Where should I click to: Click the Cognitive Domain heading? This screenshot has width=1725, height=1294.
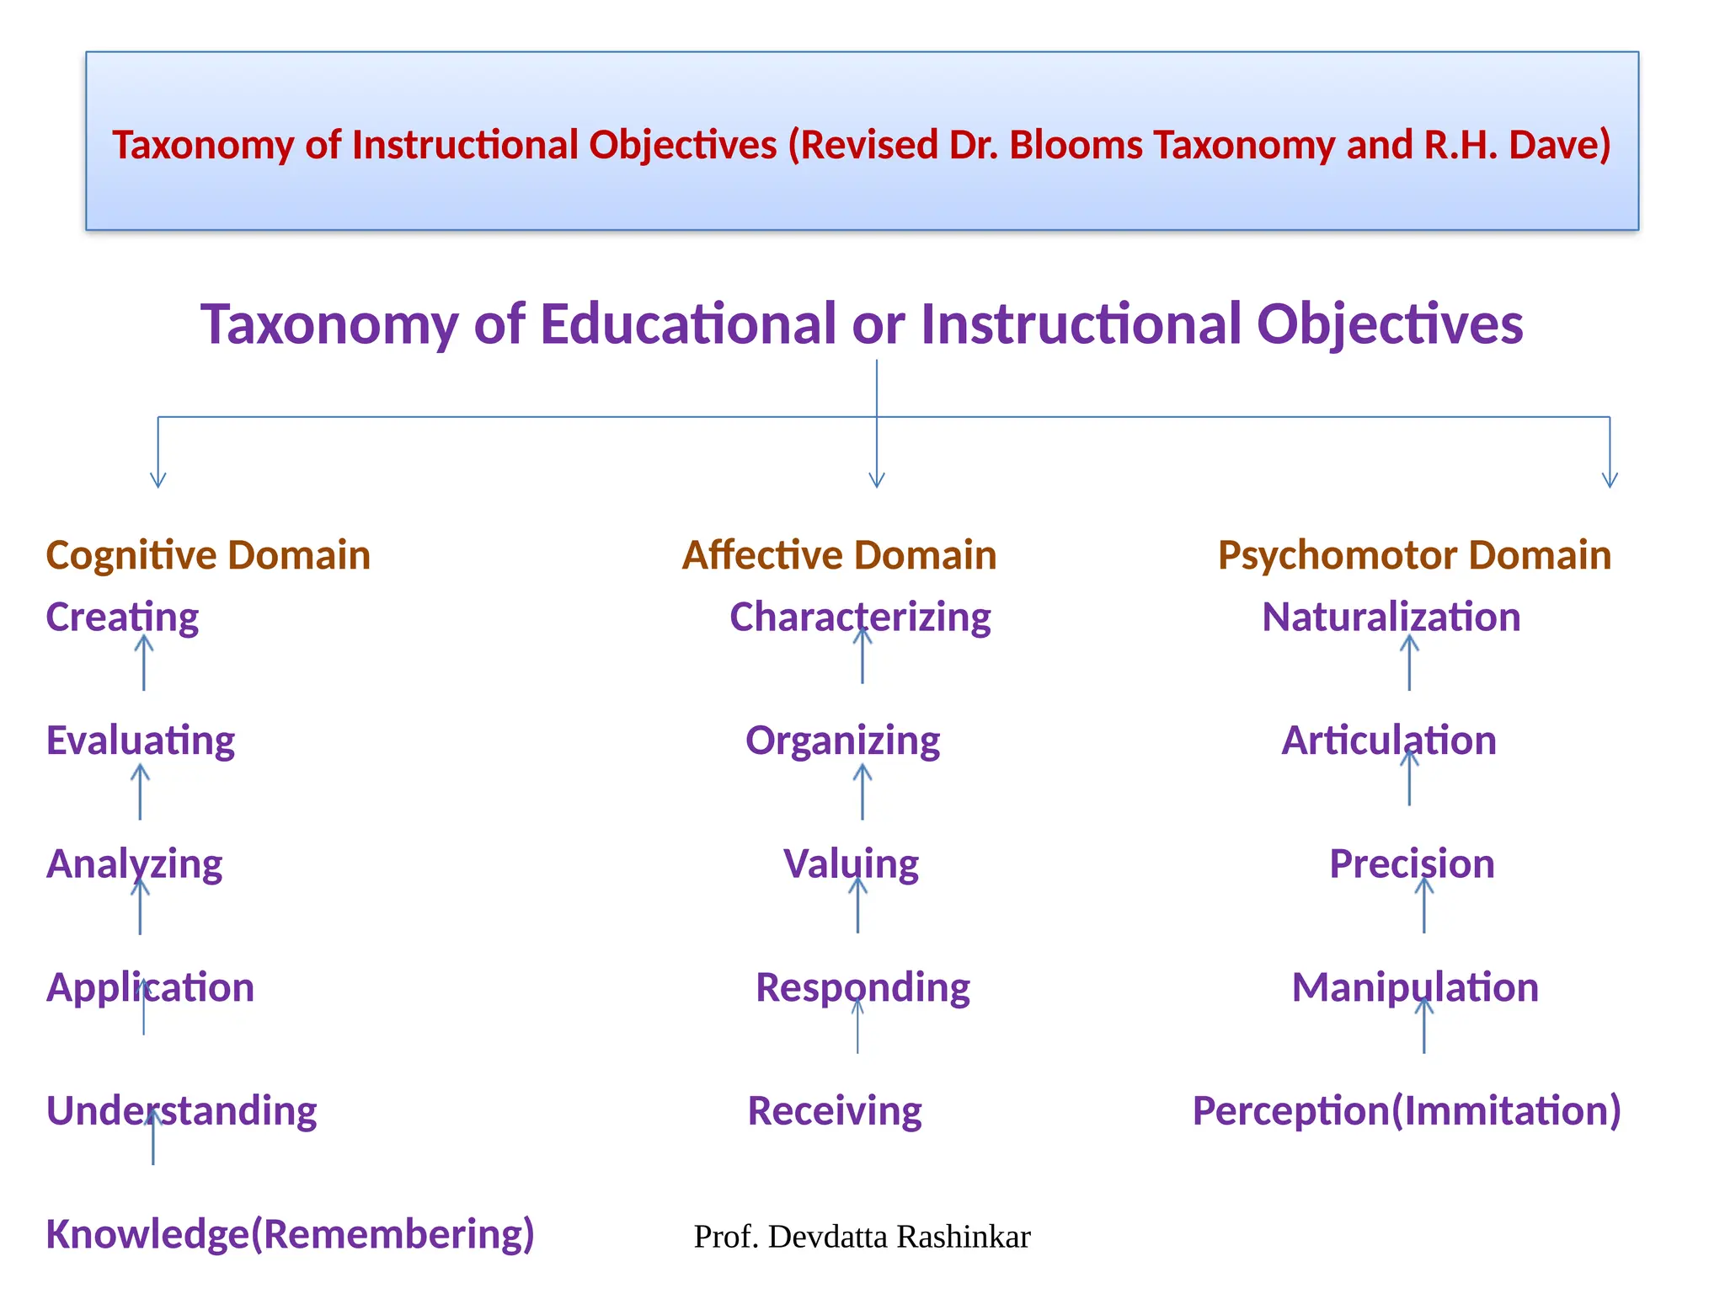click(208, 556)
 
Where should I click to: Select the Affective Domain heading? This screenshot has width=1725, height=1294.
click(839, 556)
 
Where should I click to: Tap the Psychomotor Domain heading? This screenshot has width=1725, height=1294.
click(1414, 556)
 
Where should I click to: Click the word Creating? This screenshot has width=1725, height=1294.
click(122, 618)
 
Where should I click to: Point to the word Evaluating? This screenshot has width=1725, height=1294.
click(141, 741)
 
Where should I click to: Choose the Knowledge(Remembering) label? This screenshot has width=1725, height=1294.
click(290, 1234)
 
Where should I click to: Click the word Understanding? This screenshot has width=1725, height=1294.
click(181, 1111)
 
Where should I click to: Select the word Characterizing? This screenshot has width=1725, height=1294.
click(860, 618)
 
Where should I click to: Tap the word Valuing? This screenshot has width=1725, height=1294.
click(851, 864)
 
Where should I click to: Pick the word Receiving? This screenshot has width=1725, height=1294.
click(835, 1111)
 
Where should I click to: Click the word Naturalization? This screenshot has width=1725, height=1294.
click(1391, 618)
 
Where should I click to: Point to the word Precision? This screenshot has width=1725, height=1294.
click(1412, 864)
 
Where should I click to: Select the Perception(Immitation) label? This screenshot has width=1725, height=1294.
click(1407, 1111)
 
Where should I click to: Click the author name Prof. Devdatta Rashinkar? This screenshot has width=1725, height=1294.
click(862, 1237)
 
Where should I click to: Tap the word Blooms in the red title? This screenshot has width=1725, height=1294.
click(1075, 145)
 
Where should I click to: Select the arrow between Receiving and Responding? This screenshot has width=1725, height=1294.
click(857, 1025)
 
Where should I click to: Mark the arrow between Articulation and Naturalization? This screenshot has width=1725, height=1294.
click(1409, 663)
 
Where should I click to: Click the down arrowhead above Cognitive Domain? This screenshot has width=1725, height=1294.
click(158, 480)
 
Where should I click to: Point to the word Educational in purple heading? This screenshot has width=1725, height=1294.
click(687, 324)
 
